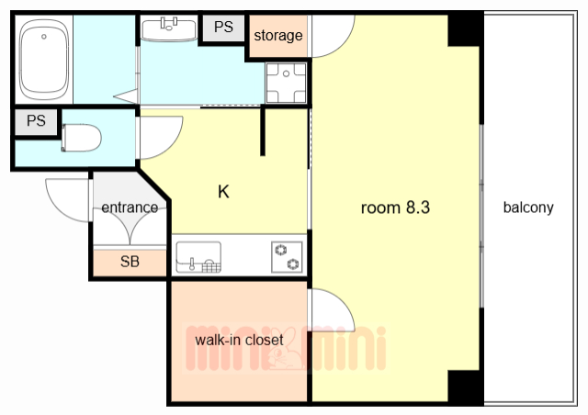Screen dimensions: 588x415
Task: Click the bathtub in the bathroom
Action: tap(44, 60)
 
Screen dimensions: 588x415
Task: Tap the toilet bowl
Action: tap(82, 138)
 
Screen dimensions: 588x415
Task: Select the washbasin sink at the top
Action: tap(169, 28)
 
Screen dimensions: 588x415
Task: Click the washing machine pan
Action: tap(286, 83)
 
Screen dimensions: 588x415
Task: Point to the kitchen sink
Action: tap(198, 257)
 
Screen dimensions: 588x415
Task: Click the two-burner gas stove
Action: tap(287, 257)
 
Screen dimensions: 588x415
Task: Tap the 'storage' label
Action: tap(277, 36)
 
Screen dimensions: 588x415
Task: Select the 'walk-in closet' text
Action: tap(239, 340)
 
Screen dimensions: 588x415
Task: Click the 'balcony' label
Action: tap(528, 207)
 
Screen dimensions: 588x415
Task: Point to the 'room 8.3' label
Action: tap(395, 207)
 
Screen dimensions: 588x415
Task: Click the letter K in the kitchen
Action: tap(223, 192)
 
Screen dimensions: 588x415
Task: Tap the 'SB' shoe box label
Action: tap(130, 262)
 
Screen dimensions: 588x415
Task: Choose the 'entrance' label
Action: tap(130, 207)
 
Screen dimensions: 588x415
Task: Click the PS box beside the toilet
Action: tap(36, 121)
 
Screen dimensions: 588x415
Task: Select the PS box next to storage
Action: tap(223, 28)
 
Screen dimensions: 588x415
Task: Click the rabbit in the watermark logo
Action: tap(286, 350)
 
